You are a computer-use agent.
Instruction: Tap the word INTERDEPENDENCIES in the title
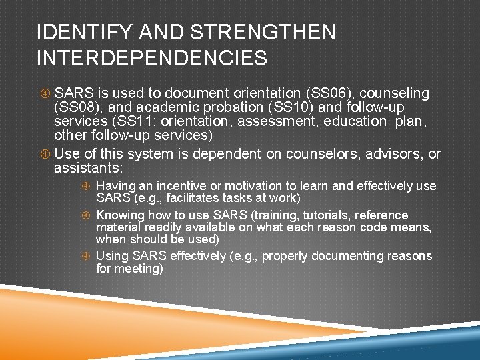pyautogui.click(x=152, y=59)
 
